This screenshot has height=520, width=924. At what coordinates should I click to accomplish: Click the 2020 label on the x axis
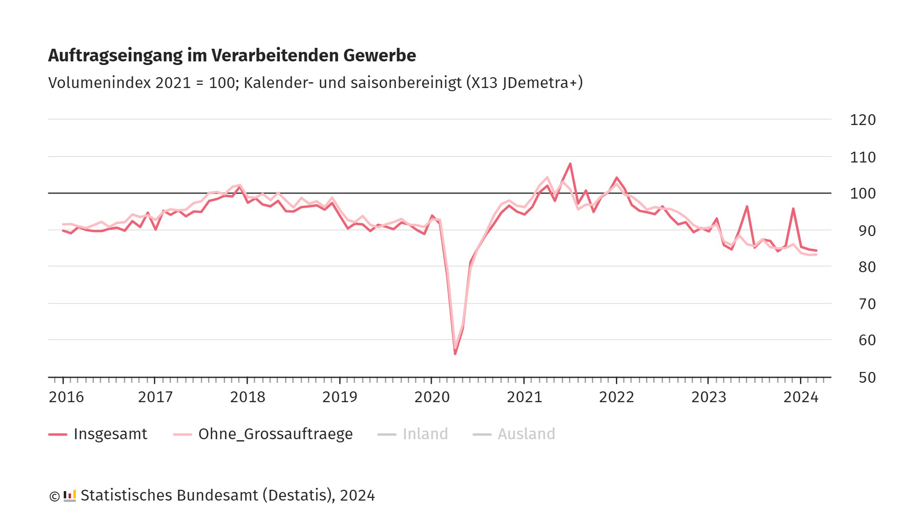point(432,397)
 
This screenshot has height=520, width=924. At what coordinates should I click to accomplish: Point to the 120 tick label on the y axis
point(863,120)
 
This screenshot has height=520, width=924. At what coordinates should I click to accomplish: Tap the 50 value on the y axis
point(867,378)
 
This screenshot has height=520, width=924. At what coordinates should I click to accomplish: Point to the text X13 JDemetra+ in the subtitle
point(524,83)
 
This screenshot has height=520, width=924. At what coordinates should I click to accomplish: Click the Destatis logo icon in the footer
point(69,496)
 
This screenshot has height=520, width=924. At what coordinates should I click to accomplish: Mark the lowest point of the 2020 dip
point(455,353)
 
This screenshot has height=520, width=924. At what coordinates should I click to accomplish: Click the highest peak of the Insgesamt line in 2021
point(570,164)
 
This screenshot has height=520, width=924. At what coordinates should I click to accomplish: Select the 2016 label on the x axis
point(66,397)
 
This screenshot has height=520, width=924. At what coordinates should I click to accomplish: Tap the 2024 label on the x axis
point(801,397)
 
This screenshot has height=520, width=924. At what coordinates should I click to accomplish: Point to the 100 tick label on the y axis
point(863,194)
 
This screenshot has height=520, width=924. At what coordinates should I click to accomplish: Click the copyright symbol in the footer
point(54,496)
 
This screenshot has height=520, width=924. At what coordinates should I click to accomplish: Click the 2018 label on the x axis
point(247,397)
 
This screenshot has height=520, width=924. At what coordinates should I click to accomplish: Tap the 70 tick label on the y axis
point(867,304)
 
